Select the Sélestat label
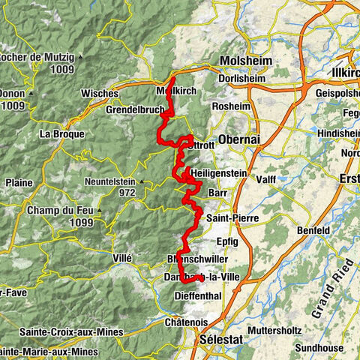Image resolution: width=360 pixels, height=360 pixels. tap(224, 340)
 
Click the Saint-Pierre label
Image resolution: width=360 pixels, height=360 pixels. tap(229, 218)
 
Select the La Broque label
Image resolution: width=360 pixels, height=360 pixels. tap(56, 135)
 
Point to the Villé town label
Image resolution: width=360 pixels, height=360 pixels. tap(121, 257)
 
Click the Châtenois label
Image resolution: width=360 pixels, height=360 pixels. tap(187, 322)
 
